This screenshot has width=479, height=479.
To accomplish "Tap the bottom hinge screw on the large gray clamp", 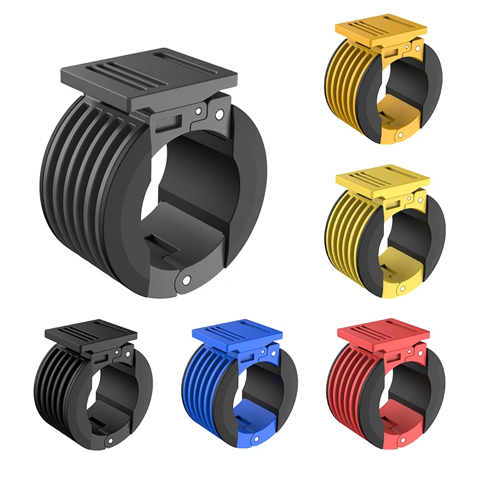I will (186, 279).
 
